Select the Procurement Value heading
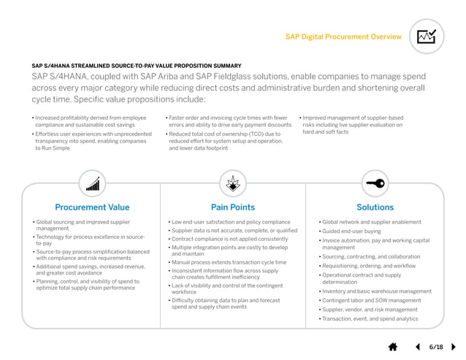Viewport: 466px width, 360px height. [92, 207]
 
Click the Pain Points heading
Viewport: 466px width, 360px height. [232, 207]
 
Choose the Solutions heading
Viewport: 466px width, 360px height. [375, 207]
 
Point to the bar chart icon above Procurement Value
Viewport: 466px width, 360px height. [92, 182]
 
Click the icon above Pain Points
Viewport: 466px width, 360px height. [233, 182]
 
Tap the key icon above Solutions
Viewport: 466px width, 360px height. [375, 182]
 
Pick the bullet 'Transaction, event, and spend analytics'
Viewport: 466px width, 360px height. [370, 318]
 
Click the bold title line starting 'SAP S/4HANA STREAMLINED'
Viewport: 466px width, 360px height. [137, 66]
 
